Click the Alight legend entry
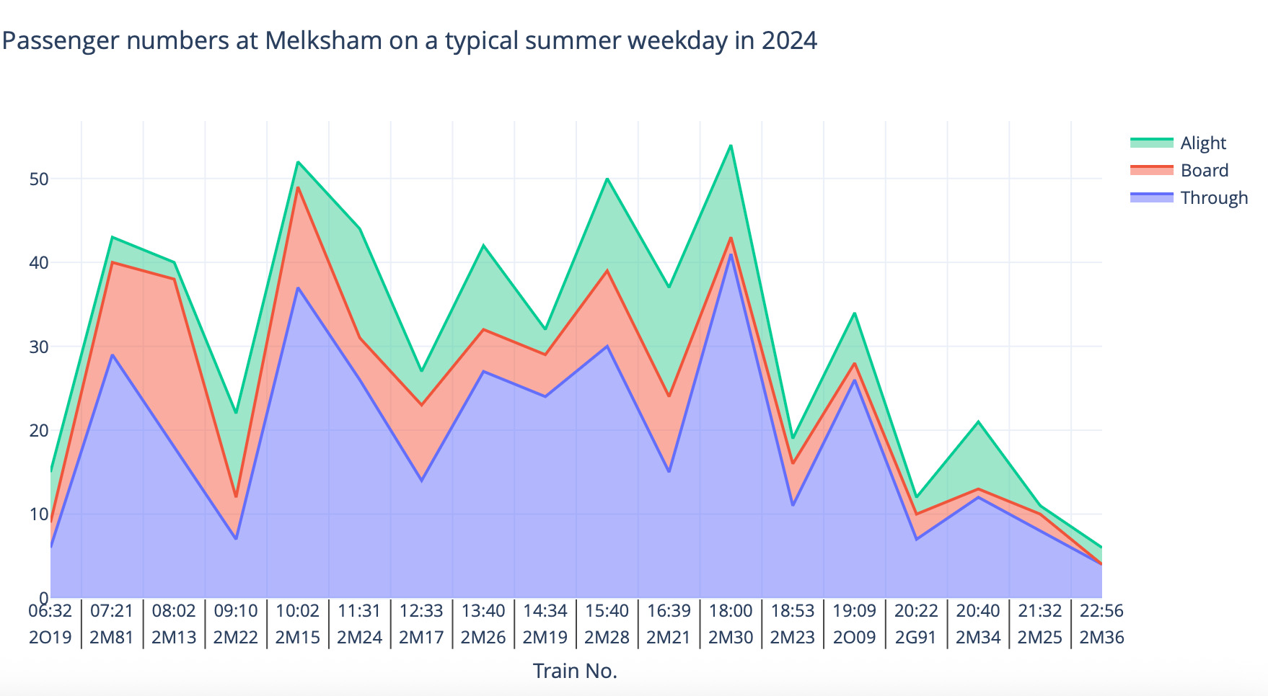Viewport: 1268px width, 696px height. pos(1202,143)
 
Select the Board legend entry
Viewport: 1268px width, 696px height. pos(1204,171)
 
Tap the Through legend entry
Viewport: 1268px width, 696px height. pos(1213,198)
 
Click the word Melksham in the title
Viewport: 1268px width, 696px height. pos(323,40)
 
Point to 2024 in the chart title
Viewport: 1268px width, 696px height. pos(789,40)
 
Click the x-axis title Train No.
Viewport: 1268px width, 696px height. pos(575,671)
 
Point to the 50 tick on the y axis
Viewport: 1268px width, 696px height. pos(39,179)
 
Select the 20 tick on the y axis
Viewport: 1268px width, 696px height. pos(39,430)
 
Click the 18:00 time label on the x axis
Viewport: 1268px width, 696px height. pos(731,611)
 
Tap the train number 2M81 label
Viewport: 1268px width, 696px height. pos(112,638)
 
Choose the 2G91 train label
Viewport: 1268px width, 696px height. pos(916,638)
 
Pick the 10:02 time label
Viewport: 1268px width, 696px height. pos(298,611)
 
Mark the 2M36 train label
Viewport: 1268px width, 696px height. pos(1101,638)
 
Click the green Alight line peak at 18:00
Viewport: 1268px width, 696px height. pos(731,146)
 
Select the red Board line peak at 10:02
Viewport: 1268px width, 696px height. pos(298,187)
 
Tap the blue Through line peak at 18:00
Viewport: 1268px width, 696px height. pos(731,254)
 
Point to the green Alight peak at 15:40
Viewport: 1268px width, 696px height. pos(607,179)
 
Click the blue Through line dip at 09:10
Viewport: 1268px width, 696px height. pos(236,539)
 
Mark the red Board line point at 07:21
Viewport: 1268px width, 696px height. pos(113,262)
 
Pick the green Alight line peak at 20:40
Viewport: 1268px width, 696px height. pos(978,421)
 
